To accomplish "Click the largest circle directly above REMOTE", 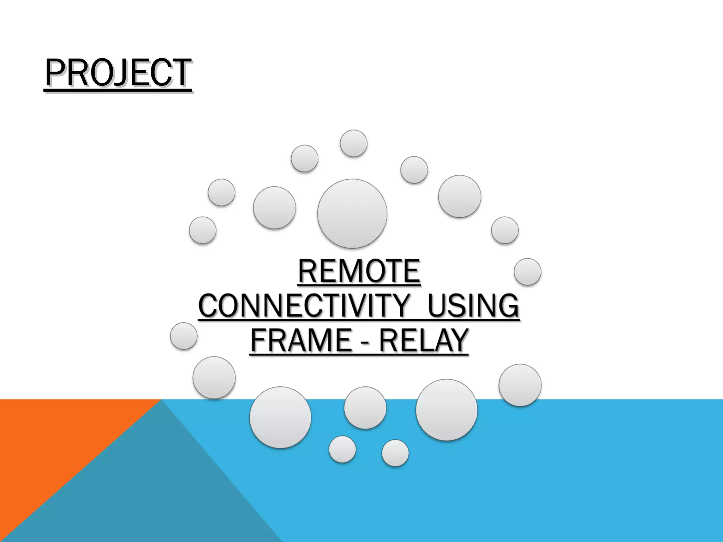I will [352, 213].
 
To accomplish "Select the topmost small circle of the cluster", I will [353, 143].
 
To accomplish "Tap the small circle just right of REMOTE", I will [527, 272].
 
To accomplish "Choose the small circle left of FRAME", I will [184, 336].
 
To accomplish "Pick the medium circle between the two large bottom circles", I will [365, 408].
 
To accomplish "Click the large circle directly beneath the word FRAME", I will [280, 417].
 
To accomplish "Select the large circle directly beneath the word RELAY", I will [447, 410].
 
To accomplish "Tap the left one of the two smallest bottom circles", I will [342, 449].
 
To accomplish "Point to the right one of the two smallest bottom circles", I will [395, 453].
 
